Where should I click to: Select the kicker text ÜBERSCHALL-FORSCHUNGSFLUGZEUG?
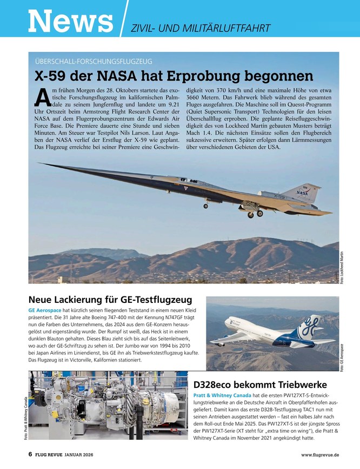[x=94, y=61]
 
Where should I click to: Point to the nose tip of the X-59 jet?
[x=39, y=163]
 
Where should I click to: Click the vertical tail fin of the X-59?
[x=306, y=192]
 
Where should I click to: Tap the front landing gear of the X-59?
[x=206, y=204]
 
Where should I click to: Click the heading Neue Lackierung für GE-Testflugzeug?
[x=110, y=299]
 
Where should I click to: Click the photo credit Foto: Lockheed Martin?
[x=342, y=268]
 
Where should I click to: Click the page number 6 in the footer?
[x=31, y=455]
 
